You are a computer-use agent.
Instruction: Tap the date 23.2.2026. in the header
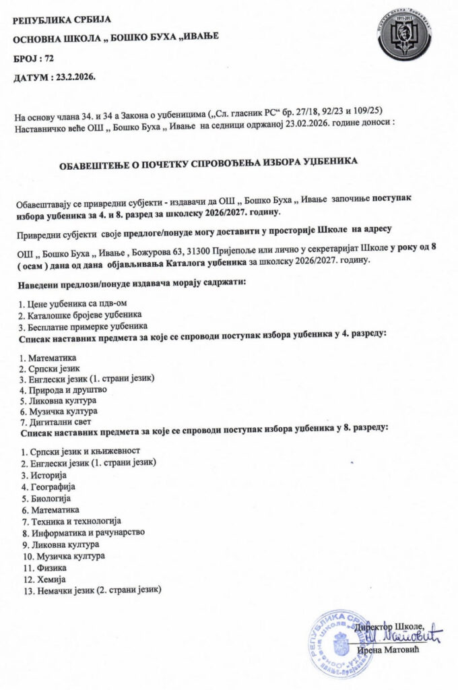pos(73,78)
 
